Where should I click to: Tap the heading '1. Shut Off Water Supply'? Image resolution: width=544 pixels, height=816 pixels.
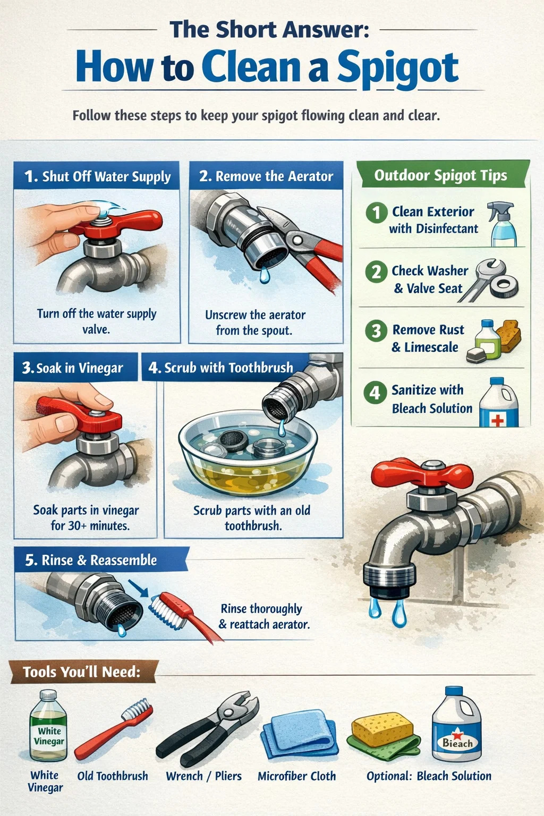click(97, 176)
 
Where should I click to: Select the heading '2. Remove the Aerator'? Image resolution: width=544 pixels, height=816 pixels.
click(266, 176)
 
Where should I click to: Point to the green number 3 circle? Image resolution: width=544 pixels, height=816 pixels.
click(376, 331)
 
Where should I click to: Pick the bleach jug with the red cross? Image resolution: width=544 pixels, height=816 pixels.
click(498, 402)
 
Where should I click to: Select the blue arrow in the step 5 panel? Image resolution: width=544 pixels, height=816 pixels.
click(138, 588)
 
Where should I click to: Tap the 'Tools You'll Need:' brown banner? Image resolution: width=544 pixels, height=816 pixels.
click(82, 671)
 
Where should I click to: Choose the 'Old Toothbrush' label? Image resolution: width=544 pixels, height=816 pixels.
click(113, 776)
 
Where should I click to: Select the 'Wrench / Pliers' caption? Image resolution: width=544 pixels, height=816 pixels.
click(203, 776)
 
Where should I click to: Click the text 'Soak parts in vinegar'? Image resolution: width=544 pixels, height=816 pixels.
click(86, 510)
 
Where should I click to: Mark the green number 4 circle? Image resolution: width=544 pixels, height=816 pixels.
click(375, 393)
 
